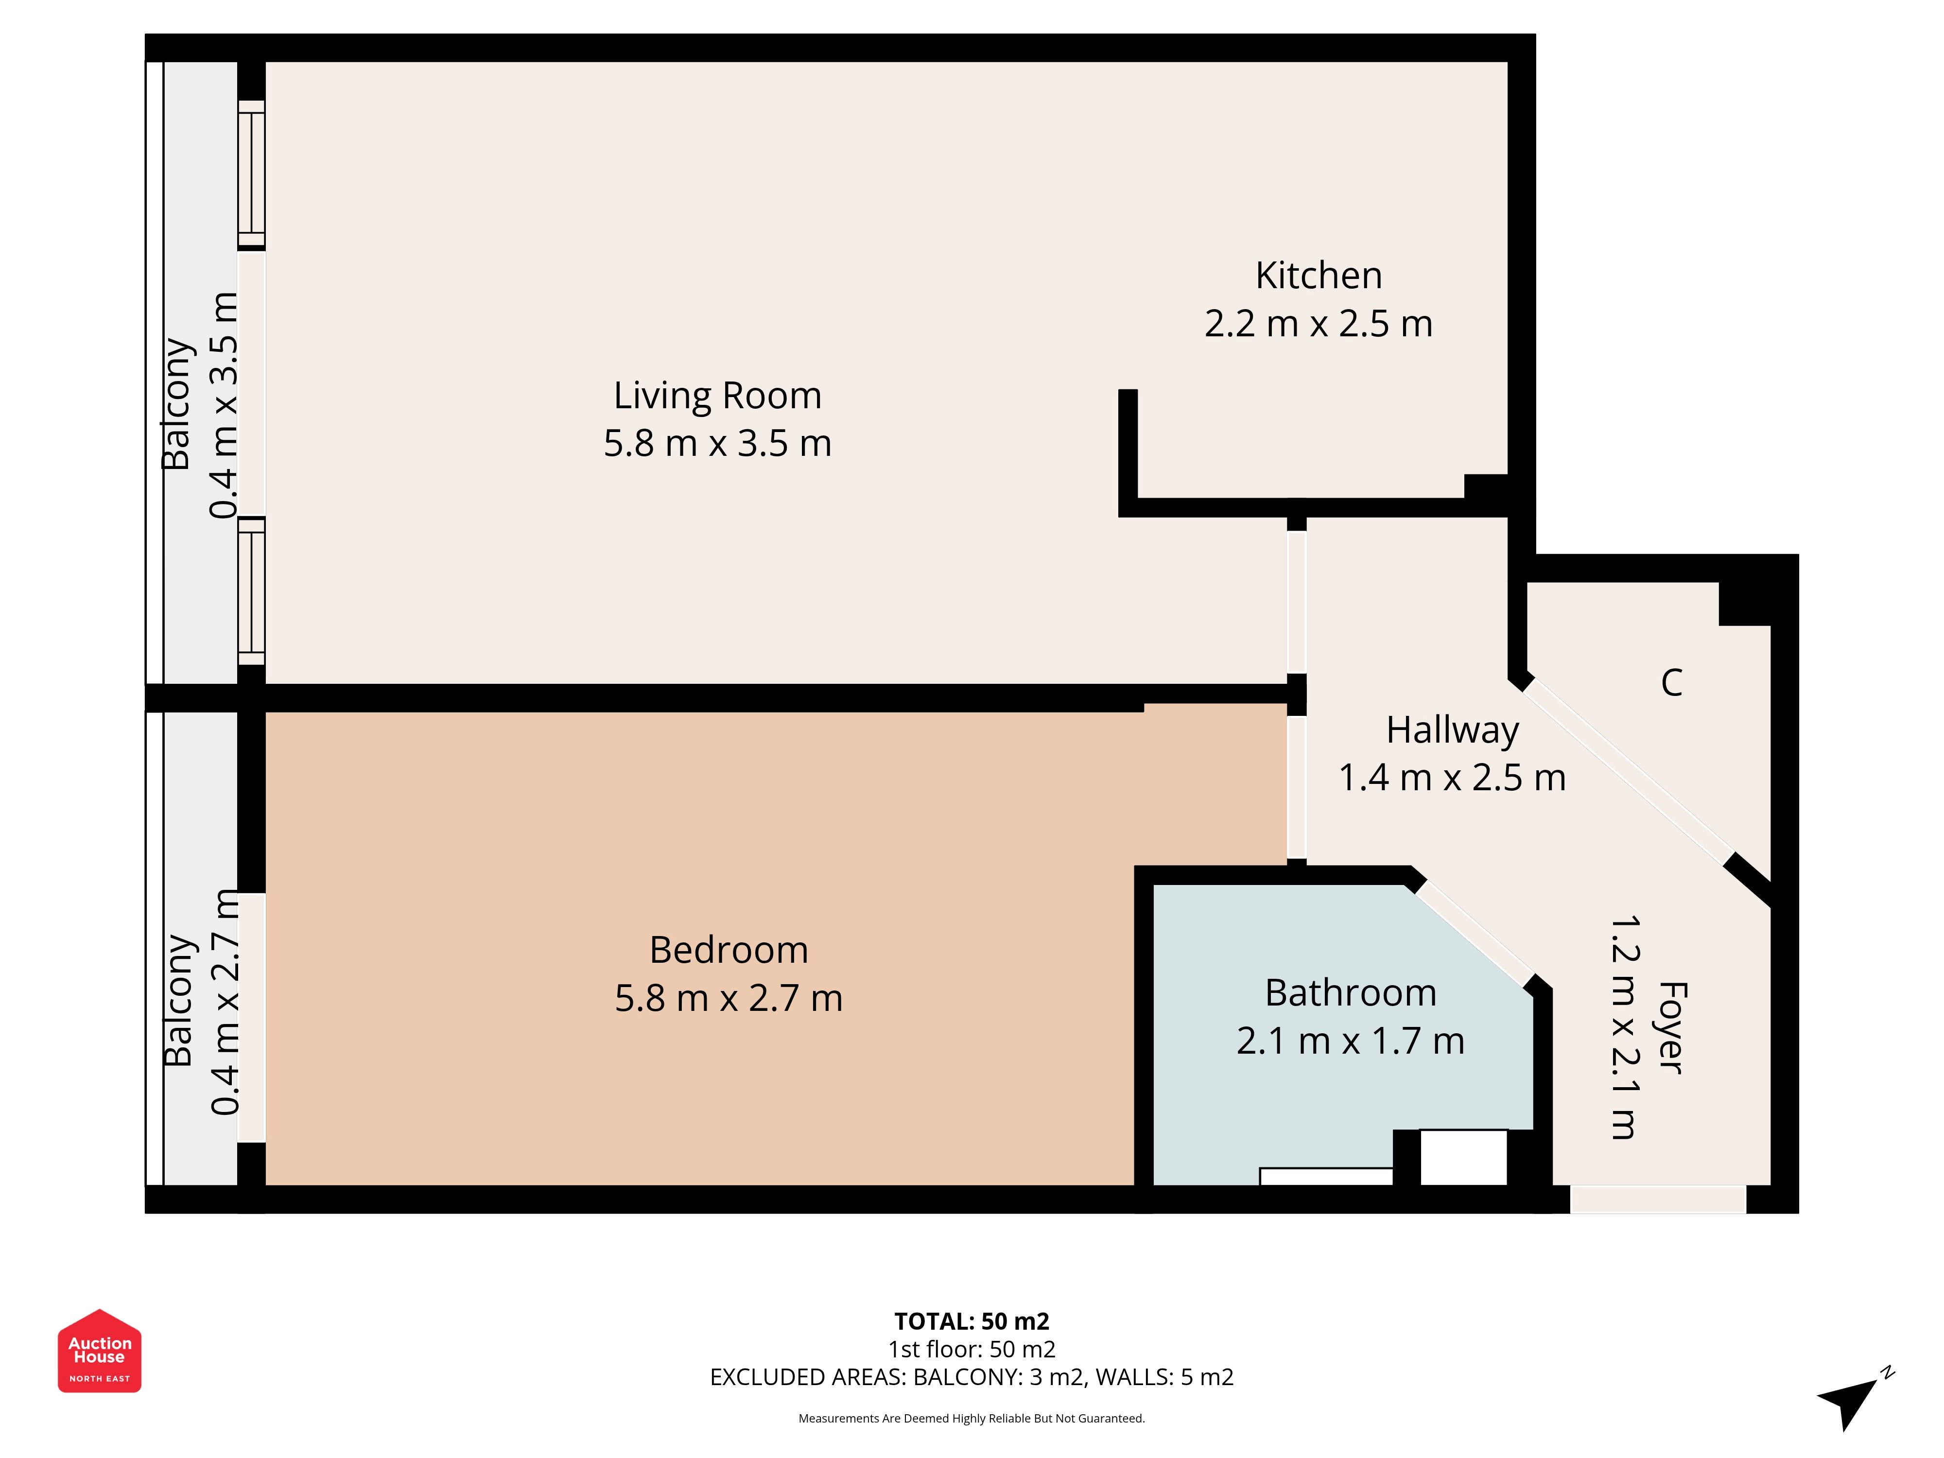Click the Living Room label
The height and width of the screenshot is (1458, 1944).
pyautogui.click(x=717, y=397)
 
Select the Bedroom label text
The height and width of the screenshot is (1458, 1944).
pyautogui.click(x=729, y=950)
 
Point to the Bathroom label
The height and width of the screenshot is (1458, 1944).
pyautogui.click(x=1351, y=993)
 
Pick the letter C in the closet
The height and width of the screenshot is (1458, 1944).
pyautogui.click(x=1671, y=682)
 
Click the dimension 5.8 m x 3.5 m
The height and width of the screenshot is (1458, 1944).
pyautogui.click(x=717, y=443)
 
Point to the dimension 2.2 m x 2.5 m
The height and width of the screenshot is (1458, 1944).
pyautogui.click(x=1318, y=323)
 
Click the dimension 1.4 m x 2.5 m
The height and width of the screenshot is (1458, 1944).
pyautogui.click(x=1453, y=778)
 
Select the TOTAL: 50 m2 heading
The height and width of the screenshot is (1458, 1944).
pyautogui.click(x=972, y=1321)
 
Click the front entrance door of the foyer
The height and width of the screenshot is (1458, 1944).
pyautogui.click(x=1657, y=1199)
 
